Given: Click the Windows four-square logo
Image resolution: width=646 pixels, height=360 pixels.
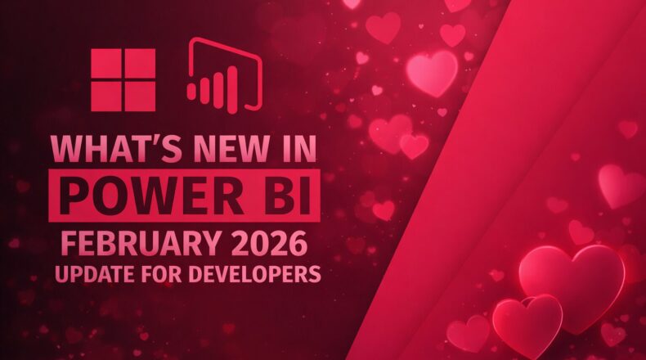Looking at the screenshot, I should [123, 79].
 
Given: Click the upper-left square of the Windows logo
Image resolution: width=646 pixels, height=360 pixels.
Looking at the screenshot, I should [106, 64].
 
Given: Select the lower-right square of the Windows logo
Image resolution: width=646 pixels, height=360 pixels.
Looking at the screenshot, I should [139, 95].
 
